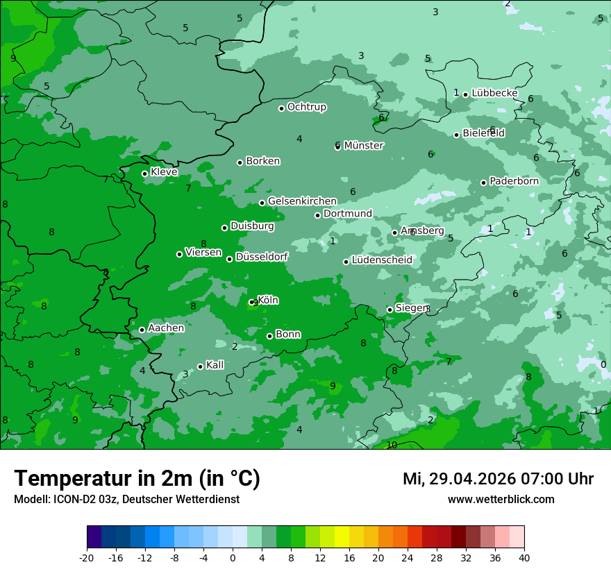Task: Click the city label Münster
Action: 364,146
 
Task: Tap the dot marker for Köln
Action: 252,302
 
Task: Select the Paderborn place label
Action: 514,181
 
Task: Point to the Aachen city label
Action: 166,328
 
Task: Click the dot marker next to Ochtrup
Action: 281,108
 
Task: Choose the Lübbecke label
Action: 494,93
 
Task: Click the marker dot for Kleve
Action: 144,173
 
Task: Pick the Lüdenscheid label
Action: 382,260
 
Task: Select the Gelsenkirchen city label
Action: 302,201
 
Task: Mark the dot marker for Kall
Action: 200,366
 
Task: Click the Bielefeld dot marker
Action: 456,135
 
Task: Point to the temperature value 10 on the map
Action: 392,445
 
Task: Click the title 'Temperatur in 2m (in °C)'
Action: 137,478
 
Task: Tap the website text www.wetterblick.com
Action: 501,500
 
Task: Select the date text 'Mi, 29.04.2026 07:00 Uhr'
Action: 498,479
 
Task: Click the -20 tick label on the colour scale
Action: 87,558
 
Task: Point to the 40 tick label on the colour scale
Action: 524,558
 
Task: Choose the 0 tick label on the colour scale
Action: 233,558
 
